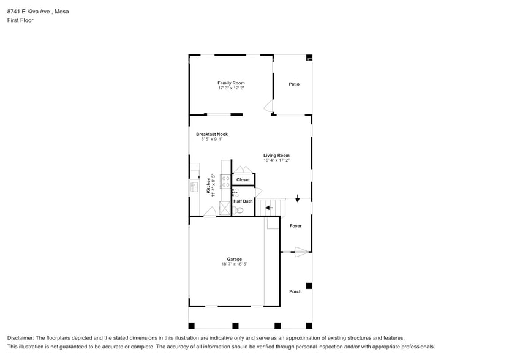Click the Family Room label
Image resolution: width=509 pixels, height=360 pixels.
(231, 83)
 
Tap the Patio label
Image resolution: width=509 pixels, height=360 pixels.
(294, 84)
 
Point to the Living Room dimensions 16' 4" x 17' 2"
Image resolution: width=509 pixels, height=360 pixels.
(276, 160)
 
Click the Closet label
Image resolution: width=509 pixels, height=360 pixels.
(243, 180)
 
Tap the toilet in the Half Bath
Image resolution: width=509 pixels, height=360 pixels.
(239, 210)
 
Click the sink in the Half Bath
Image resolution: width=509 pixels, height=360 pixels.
(235, 193)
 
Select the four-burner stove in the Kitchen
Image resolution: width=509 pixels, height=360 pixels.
(225, 181)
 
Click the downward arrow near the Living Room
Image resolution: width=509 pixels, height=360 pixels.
(298, 198)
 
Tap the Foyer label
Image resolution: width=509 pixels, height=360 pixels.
(295, 226)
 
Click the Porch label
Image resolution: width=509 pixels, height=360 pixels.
(295, 291)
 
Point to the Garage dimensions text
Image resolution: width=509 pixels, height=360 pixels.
(234, 264)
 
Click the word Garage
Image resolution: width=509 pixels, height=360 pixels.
(234, 259)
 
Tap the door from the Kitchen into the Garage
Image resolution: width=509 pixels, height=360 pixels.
(209, 212)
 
